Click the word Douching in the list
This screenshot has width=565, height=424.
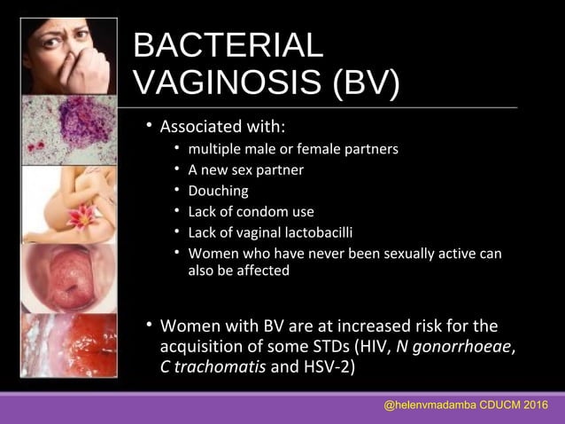click(x=218, y=191)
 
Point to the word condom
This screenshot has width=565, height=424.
click(x=267, y=212)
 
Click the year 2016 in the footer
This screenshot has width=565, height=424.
click(x=533, y=405)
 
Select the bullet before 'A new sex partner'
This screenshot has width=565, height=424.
click(x=177, y=169)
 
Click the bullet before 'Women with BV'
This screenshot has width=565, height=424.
click(x=150, y=324)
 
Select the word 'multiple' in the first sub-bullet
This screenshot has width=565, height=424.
click(x=213, y=148)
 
